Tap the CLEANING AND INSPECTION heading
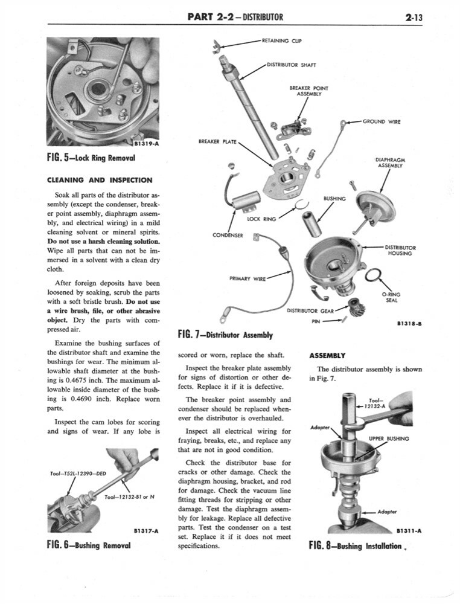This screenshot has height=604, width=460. coord(100,179)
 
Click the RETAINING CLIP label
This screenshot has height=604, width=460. coord(281,41)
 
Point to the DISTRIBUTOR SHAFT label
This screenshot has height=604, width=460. coord(292,65)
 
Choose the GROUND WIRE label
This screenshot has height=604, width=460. coord(382,121)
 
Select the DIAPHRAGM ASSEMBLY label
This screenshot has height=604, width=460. coord(389,163)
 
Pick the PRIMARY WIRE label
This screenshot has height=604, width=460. coord(247,278)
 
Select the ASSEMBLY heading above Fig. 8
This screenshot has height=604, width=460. coord(327,355)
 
